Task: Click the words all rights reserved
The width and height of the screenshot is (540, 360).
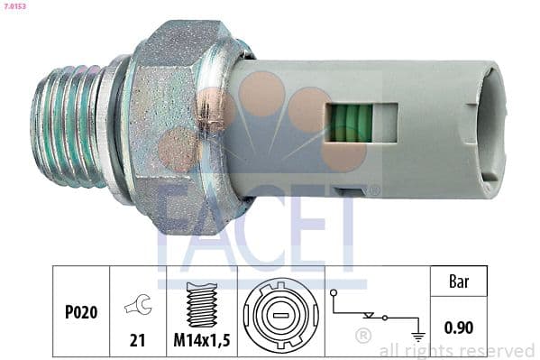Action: click(457, 350)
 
